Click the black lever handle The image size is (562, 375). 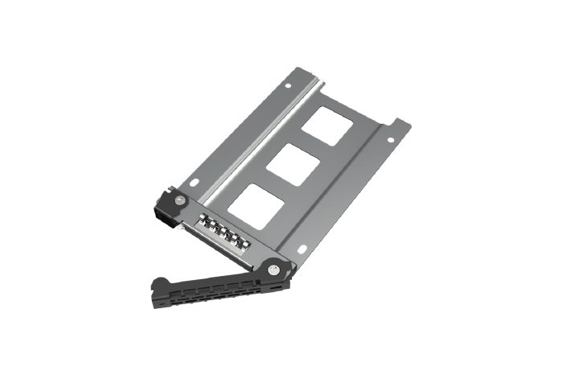[217, 286]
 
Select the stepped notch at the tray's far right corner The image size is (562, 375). [400, 125]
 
